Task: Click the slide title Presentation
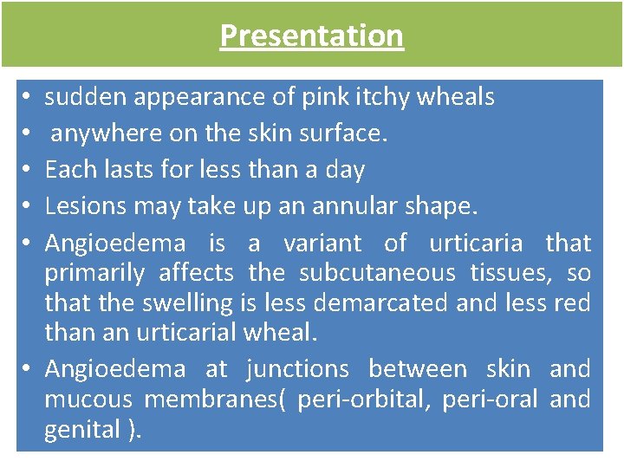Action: click(311, 36)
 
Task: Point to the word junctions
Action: click(297, 369)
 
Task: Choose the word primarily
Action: click(93, 274)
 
